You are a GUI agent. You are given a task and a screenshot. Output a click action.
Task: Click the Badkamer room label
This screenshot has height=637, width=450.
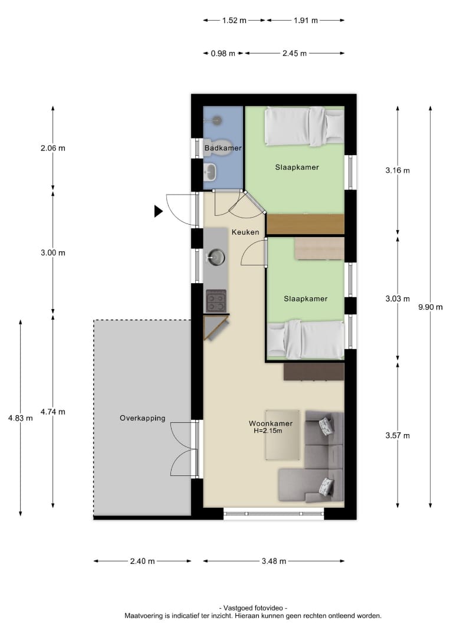click(x=222, y=148)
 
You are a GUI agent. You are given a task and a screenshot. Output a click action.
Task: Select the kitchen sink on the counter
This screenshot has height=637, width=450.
click(x=216, y=257)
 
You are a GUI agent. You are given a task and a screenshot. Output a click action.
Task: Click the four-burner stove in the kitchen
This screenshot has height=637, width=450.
click(x=216, y=301)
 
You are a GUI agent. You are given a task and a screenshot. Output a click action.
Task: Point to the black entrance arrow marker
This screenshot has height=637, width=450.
click(x=159, y=211)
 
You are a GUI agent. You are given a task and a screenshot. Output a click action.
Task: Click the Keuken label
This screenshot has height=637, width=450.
click(x=245, y=232)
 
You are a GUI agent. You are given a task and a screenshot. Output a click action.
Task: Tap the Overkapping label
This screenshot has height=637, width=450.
click(x=143, y=418)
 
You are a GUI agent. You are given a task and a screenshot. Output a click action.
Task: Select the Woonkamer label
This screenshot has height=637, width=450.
click(x=271, y=423)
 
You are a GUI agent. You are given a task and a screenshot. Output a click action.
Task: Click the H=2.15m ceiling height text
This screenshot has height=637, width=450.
click(x=268, y=431)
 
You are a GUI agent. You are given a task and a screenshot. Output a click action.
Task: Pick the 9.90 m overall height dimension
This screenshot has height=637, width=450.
click(x=431, y=307)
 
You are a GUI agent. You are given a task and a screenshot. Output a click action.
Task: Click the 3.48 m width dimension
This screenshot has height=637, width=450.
click(x=274, y=561)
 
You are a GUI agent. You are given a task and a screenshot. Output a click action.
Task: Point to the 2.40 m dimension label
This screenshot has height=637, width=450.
click(x=142, y=561)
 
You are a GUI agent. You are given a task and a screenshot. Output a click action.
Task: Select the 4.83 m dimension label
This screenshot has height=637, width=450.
click(x=20, y=418)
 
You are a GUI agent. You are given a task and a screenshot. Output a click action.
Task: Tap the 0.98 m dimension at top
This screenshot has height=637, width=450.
click(x=223, y=53)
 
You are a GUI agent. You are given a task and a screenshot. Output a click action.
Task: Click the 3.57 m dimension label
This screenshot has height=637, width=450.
click(x=398, y=435)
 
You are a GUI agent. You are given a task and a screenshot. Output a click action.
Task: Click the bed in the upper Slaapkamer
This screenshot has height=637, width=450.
click(x=304, y=126)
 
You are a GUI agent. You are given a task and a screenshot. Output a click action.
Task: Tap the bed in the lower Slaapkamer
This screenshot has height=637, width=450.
click(x=306, y=339)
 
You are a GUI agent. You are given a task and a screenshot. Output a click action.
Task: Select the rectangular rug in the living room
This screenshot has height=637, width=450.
click(x=283, y=435)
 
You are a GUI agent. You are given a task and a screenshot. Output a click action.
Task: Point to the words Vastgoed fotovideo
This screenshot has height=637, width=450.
click(x=253, y=608)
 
